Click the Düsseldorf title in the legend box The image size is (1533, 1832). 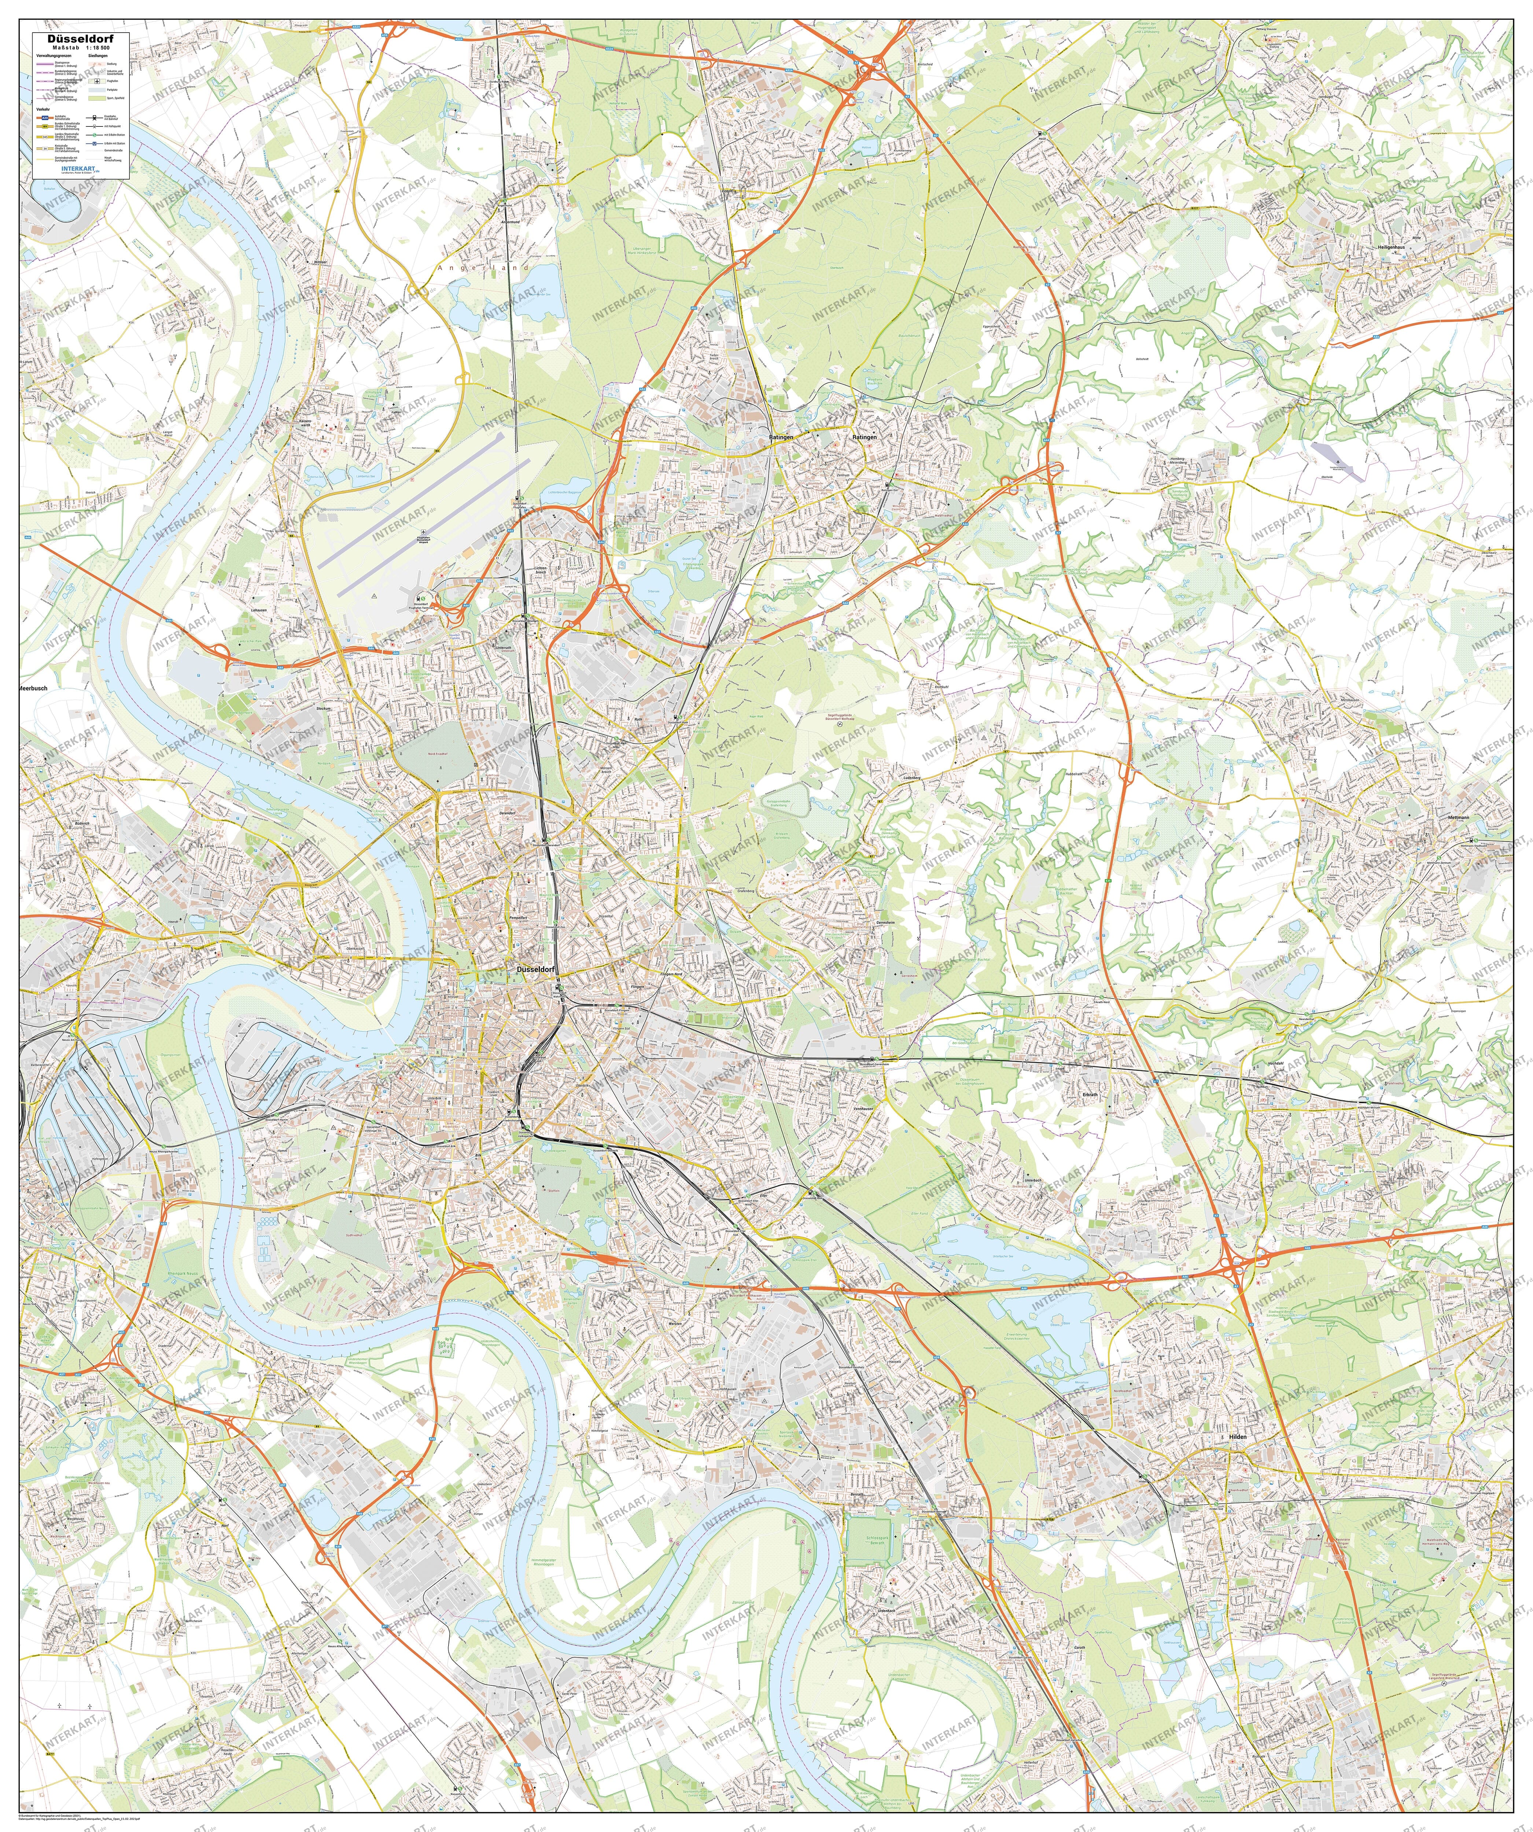[x=80, y=39]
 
